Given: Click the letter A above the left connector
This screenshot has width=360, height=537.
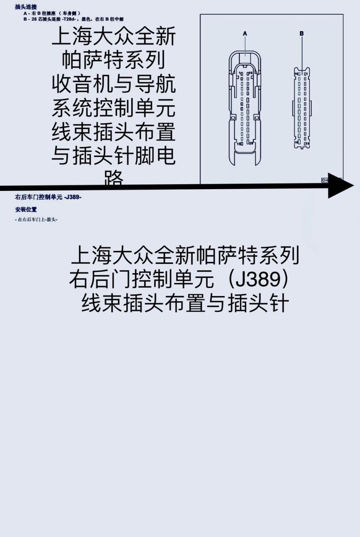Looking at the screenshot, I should (245, 33).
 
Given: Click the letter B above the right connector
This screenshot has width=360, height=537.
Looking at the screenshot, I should (302, 33).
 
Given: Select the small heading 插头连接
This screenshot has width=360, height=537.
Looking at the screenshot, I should (26, 7).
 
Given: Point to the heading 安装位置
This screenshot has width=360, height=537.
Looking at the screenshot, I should (26, 210).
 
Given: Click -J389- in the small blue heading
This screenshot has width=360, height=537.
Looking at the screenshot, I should (73, 197).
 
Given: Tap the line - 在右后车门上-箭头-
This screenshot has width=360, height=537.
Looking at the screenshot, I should (36, 219).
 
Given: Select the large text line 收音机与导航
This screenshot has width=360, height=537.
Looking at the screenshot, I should (113, 85).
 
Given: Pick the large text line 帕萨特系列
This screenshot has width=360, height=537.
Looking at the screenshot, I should (113, 62).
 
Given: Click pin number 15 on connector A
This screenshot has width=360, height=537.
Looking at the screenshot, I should (239, 144).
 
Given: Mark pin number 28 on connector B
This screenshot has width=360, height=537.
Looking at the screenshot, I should (295, 143).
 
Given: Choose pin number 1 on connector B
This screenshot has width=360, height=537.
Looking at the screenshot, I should (307, 74).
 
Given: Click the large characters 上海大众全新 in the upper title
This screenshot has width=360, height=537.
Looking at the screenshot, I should (113, 38).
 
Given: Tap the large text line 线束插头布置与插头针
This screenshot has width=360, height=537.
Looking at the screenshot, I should (185, 303).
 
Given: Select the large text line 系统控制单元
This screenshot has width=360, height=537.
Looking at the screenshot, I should (113, 109).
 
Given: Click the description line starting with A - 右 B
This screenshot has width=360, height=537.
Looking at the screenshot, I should (52, 13).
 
